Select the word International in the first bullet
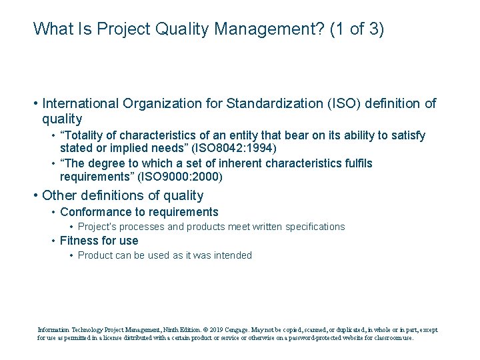pos(81,103)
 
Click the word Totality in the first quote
pos(82,135)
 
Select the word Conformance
pos(93,212)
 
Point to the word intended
pos(233,255)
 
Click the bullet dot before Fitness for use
pos(53,241)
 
